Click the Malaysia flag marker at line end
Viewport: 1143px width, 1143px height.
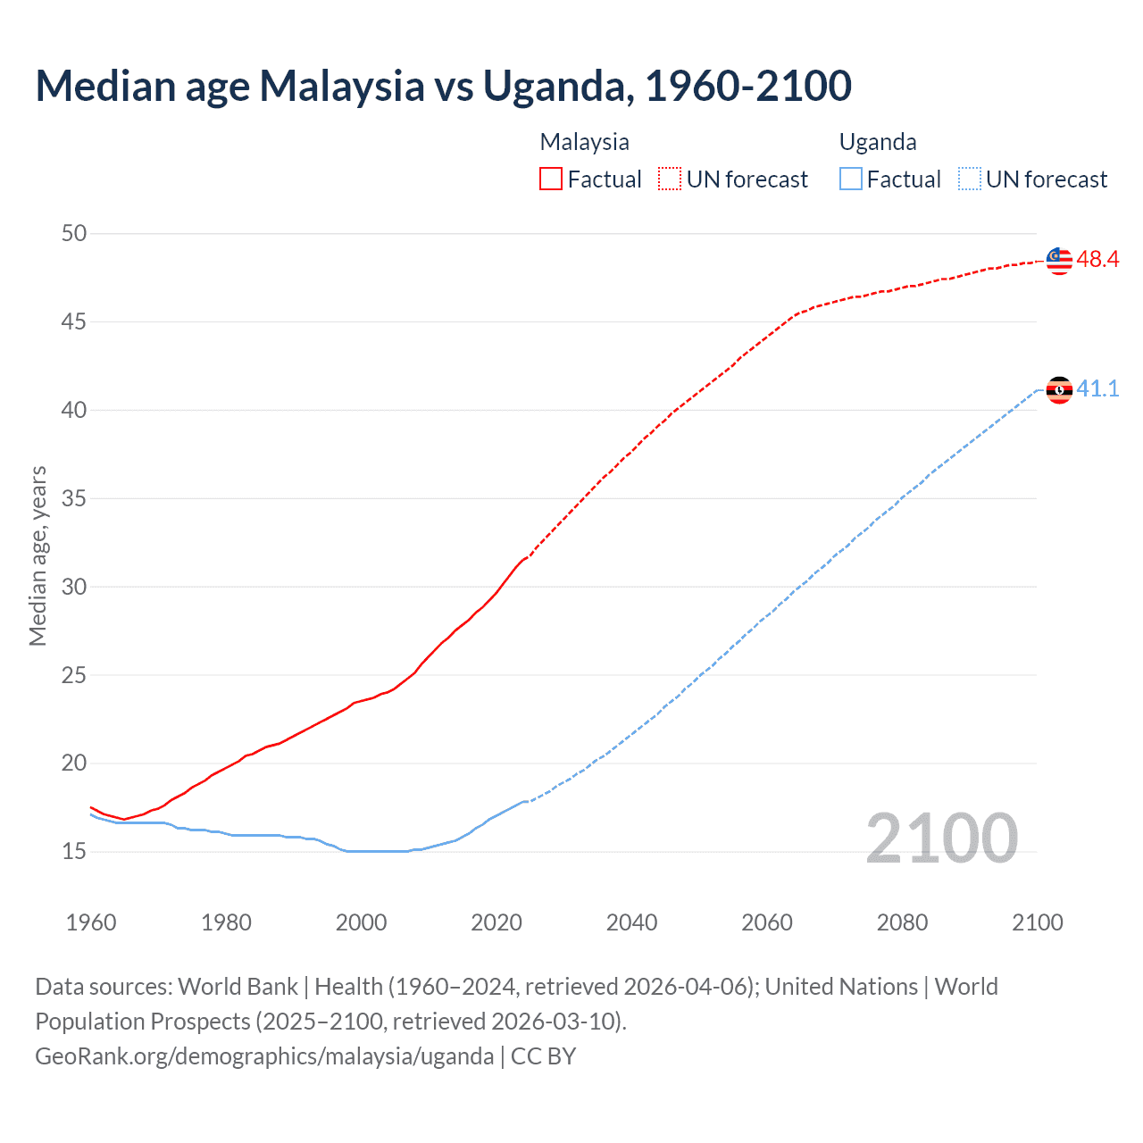[1059, 260]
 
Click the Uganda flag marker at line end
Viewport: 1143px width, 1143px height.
[1059, 389]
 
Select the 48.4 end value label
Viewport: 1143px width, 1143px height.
[1097, 260]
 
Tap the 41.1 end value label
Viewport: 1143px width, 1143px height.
[1097, 388]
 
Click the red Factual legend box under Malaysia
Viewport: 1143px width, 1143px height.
[551, 179]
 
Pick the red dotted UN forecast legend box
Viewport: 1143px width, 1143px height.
[670, 179]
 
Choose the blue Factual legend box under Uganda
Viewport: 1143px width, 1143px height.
[851, 179]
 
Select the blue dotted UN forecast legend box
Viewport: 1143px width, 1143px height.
[969, 179]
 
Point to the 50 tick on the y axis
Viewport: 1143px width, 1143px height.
[74, 233]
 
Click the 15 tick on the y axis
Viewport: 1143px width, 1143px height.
[74, 851]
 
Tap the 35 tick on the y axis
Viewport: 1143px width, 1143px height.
[74, 498]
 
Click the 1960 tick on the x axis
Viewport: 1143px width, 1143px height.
[91, 922]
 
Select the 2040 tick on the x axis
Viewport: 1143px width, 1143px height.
[631, 922]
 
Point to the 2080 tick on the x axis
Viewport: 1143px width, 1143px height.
[902, 922]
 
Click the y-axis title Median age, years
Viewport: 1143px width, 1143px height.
[38, 555]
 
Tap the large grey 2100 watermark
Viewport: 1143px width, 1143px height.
[941, 838]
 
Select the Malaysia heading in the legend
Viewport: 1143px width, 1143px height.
[585, 142]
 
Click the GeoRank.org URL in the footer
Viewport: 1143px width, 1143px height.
[264, 1056]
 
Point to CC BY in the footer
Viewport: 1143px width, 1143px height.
[544, 1056]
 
